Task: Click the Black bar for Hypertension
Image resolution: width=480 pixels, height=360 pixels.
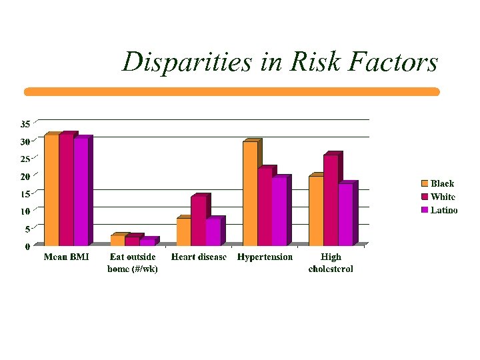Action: tap(250, 193)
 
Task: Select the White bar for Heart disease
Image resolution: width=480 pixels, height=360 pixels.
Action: tap(198, 221)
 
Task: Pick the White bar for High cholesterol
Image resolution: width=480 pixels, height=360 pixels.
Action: tap(331, 200)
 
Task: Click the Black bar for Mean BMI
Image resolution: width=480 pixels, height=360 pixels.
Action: tap(51, 190)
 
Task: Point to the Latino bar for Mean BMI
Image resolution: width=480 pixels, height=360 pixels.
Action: tap(81, 192)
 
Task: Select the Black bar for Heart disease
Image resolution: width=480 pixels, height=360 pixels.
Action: tap(183, 232)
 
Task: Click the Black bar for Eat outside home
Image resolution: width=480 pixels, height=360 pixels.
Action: tap(117, 241)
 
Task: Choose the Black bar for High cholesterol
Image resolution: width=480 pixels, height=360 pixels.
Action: tap(316, 211)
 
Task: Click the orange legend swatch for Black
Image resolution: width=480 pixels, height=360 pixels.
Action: tap(424, 183)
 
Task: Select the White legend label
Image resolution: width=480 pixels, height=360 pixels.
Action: tap(443, 197)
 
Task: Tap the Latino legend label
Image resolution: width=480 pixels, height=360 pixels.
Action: tap(444, 210)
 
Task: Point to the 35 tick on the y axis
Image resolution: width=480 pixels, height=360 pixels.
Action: tap(25, 124)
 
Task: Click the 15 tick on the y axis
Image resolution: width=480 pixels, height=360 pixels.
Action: tap(25, 194)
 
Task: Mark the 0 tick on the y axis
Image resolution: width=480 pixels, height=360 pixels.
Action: tap(27, 247)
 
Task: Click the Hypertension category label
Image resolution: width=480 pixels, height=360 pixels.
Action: tap(265, 257)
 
